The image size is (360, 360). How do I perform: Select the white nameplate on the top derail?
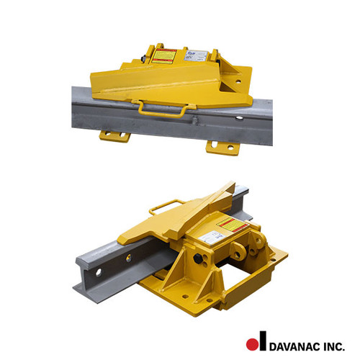click(198, 55)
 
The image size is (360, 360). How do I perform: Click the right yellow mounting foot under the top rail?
click(222, 146)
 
